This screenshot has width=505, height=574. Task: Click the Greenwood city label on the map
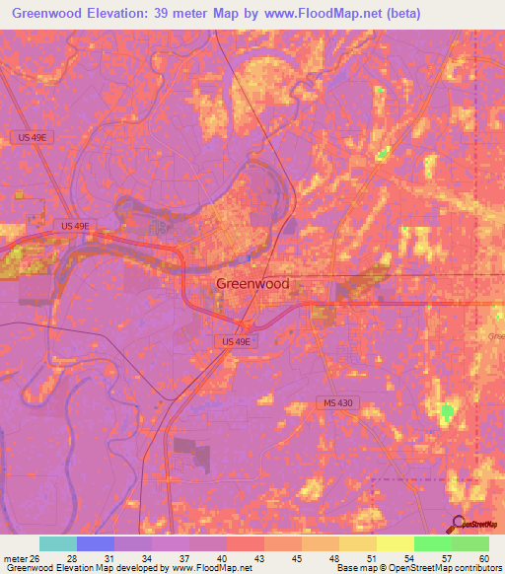tap(252, 284)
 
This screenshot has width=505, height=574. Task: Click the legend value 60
tap(482, 560)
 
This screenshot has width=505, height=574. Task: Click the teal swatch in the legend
tap(58, 543)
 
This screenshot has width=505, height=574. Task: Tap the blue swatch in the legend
tap(96, 543)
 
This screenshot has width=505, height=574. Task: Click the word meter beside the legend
tap(14, 560)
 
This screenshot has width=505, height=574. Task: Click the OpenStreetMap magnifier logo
tap(457, 523)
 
